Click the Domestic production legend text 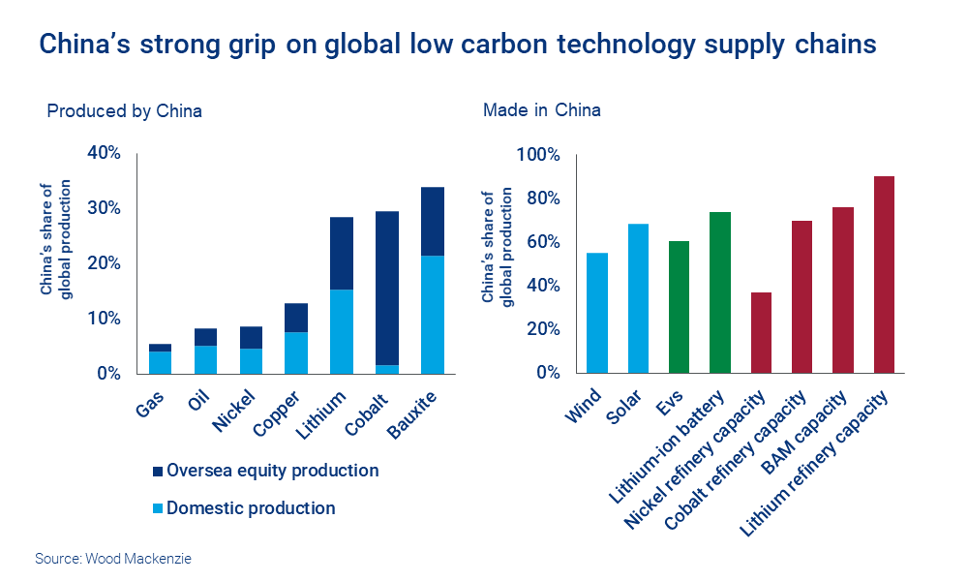251,508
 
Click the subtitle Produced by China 124,110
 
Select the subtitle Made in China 541,110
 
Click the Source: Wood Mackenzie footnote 107,560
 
